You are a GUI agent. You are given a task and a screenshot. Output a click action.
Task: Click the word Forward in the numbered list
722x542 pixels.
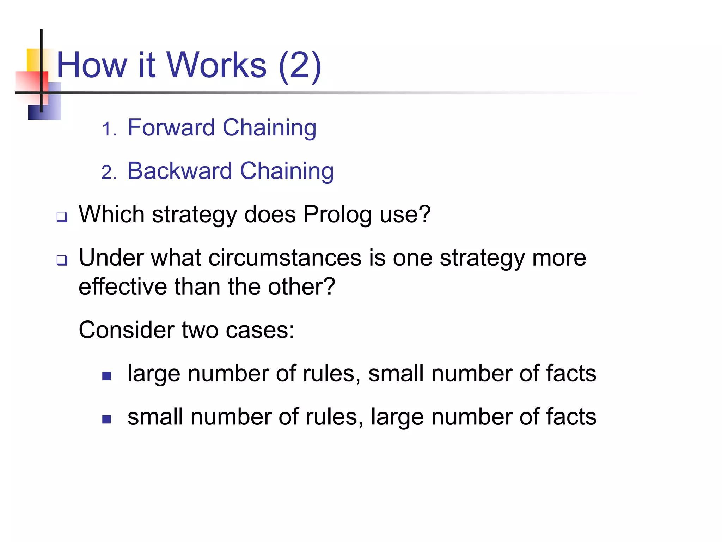(x=171, y=127)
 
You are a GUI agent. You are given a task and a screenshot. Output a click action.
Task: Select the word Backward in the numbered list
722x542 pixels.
(x=179, y=171)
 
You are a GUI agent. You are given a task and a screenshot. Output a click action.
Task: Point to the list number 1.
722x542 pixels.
(x=109, y=129)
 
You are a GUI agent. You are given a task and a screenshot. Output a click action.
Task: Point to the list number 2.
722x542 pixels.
(x=109, y=173)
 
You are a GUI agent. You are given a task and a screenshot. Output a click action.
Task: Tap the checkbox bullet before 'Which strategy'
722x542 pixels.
(x=62, y=217)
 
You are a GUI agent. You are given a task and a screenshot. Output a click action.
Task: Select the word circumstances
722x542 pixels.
(x=285, y=258)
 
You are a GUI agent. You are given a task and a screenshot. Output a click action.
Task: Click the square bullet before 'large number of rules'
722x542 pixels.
(x=106, y=376)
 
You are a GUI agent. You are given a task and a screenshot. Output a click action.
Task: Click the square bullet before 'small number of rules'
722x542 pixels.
(x=106, y=419)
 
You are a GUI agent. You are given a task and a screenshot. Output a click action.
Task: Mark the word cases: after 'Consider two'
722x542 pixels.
(x=260, y=330)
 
